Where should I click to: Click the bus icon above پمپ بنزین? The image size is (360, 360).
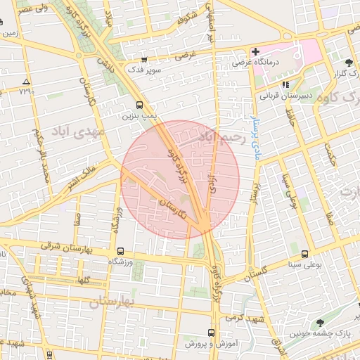(138, 104)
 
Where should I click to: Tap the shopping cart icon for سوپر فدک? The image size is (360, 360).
(143, 60)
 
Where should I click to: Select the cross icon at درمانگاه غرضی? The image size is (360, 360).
(256, 52)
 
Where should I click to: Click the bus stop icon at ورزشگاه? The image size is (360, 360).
(120, 251)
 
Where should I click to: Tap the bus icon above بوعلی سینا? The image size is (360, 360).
(305, 254)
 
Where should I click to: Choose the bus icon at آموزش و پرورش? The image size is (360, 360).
(212, 333)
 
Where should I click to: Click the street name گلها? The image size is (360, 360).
(83, 280)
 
